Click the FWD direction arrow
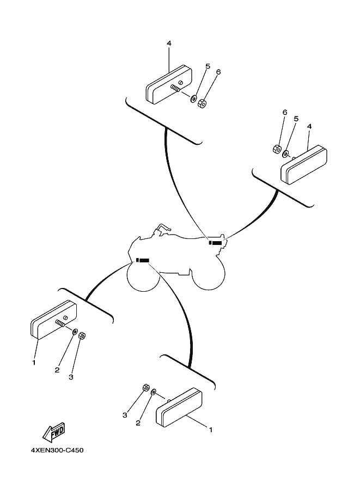point(54,432)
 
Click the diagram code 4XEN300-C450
point(57,450)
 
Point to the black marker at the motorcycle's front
point(143,260)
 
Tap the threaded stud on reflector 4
point(175,88)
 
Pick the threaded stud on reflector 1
point(60,323)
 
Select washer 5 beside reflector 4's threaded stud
point(193,99)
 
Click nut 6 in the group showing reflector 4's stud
point(202,103)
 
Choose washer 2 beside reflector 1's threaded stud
point(75,332)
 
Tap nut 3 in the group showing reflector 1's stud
point(82,335)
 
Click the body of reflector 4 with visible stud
point(169,84)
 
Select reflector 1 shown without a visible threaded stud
point(179,407)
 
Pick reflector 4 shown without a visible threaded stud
point(304,165)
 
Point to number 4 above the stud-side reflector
point(169,44)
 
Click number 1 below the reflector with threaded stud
point(34,363)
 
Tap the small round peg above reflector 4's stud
point(181,83)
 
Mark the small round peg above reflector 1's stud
point(66,318)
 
